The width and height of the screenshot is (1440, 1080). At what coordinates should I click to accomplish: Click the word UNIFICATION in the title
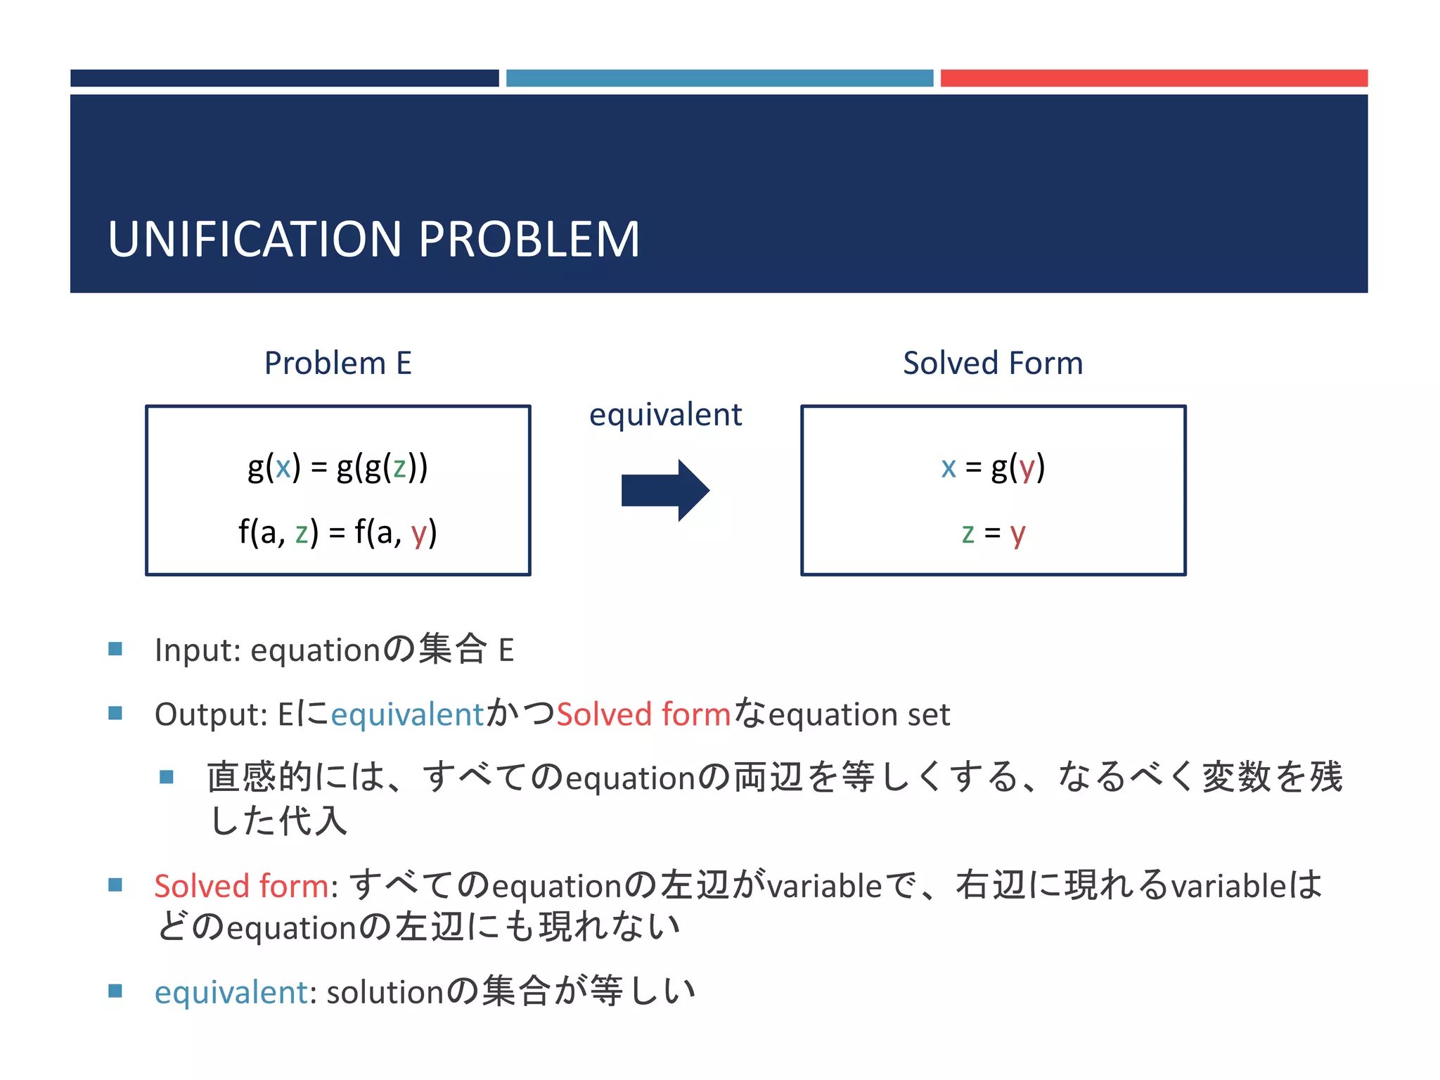[x=255, y=239]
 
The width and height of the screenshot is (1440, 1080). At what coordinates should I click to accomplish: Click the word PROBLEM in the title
[x=529, y=239]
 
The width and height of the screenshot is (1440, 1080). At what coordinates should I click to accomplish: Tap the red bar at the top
[x=1153, y=78]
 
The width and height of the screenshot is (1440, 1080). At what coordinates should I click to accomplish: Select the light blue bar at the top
[x=719, y=78]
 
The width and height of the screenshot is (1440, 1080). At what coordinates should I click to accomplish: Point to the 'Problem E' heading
[x=337, y=364]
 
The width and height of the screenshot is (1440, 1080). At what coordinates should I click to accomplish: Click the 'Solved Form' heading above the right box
[x=993, y=364]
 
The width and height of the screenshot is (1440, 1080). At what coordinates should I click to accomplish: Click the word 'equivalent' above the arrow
[x=665, y=415]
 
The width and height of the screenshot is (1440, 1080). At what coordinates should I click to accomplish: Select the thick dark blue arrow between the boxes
[x=664, y=490]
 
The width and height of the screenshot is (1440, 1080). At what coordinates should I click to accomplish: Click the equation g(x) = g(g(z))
[x=337, y=468]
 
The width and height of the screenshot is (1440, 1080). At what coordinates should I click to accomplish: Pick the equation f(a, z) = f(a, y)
[x=337, y=532]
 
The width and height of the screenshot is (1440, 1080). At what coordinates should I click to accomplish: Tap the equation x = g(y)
[x=993, y=468]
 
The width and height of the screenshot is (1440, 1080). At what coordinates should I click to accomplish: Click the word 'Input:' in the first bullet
[x=198, y=650]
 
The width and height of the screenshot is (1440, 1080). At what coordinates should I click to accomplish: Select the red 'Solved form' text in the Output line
[x=643, y=714]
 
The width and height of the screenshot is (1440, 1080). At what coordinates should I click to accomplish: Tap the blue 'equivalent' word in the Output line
[x=408, y=714]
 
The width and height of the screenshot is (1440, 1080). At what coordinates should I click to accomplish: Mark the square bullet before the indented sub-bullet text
[x=167, y=777]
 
